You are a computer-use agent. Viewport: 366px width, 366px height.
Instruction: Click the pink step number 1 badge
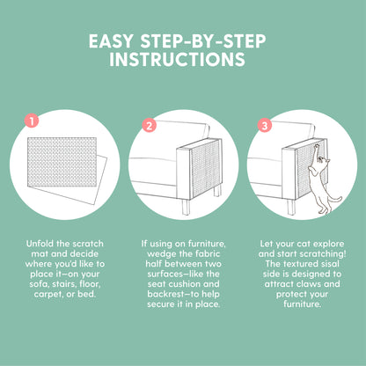(32, 121)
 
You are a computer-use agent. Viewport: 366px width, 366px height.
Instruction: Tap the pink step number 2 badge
(150, 125)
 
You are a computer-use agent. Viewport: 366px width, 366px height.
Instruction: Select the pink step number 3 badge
(265, 125)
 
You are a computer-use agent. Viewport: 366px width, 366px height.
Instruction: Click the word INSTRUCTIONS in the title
(177, 60)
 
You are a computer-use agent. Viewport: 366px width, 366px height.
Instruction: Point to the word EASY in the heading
(112, 41)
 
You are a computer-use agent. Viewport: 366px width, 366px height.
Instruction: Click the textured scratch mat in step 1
(62, 162)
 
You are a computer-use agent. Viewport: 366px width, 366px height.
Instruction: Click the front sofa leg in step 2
(186, 207)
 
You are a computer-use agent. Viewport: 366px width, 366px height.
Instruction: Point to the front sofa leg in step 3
(291, 207)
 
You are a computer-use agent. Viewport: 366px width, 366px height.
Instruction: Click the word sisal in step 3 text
(329, 264)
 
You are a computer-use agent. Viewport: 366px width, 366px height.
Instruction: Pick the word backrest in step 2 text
(166, 294)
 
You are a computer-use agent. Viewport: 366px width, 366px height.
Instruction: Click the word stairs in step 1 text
(64, 284)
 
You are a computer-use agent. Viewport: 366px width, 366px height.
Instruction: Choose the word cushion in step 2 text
(186, 284)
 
